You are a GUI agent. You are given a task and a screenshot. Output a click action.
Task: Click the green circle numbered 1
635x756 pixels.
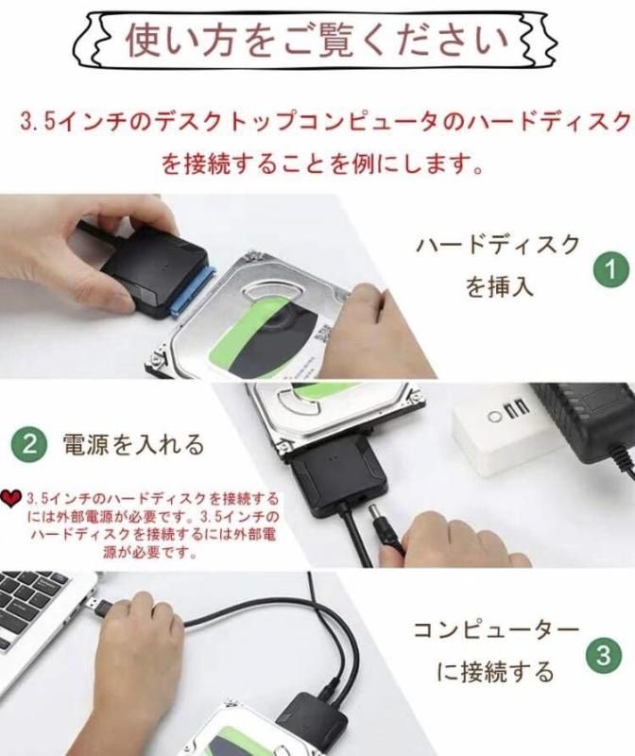pyautogui.click(x=610, y=270)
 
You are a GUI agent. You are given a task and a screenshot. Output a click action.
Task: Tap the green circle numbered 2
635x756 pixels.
pyautogui.click(x=30, y=443)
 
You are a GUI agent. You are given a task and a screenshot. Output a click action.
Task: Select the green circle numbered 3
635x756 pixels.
pyautogui.click(x=604, y=656)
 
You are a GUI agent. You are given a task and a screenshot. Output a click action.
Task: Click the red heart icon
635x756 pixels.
pyautogui.click(x=11, y=499)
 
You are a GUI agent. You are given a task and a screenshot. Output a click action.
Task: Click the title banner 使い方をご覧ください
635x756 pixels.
pyautogui.click(x=316, y=41)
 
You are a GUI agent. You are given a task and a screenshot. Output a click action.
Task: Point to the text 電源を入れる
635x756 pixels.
pyautogui.click(x=133, y=444)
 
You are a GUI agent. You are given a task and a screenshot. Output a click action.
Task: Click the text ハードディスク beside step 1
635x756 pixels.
pyautogui.click(x=498, y=245)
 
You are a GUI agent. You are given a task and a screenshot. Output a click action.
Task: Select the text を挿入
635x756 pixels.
pyautogui.click(x=499, y=286)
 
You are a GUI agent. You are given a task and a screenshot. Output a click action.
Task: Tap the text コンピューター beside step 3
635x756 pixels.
pyautogui.click(x=497, y=630)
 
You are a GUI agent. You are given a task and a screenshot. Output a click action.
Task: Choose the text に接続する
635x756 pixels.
pyautogui.click(x=496, y=672)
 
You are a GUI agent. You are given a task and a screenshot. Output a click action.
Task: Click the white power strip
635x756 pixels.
pyautogui.click(x=506, y=429)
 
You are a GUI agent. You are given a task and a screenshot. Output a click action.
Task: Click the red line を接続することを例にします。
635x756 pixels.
pyautogui.click(x=322, y=164)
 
